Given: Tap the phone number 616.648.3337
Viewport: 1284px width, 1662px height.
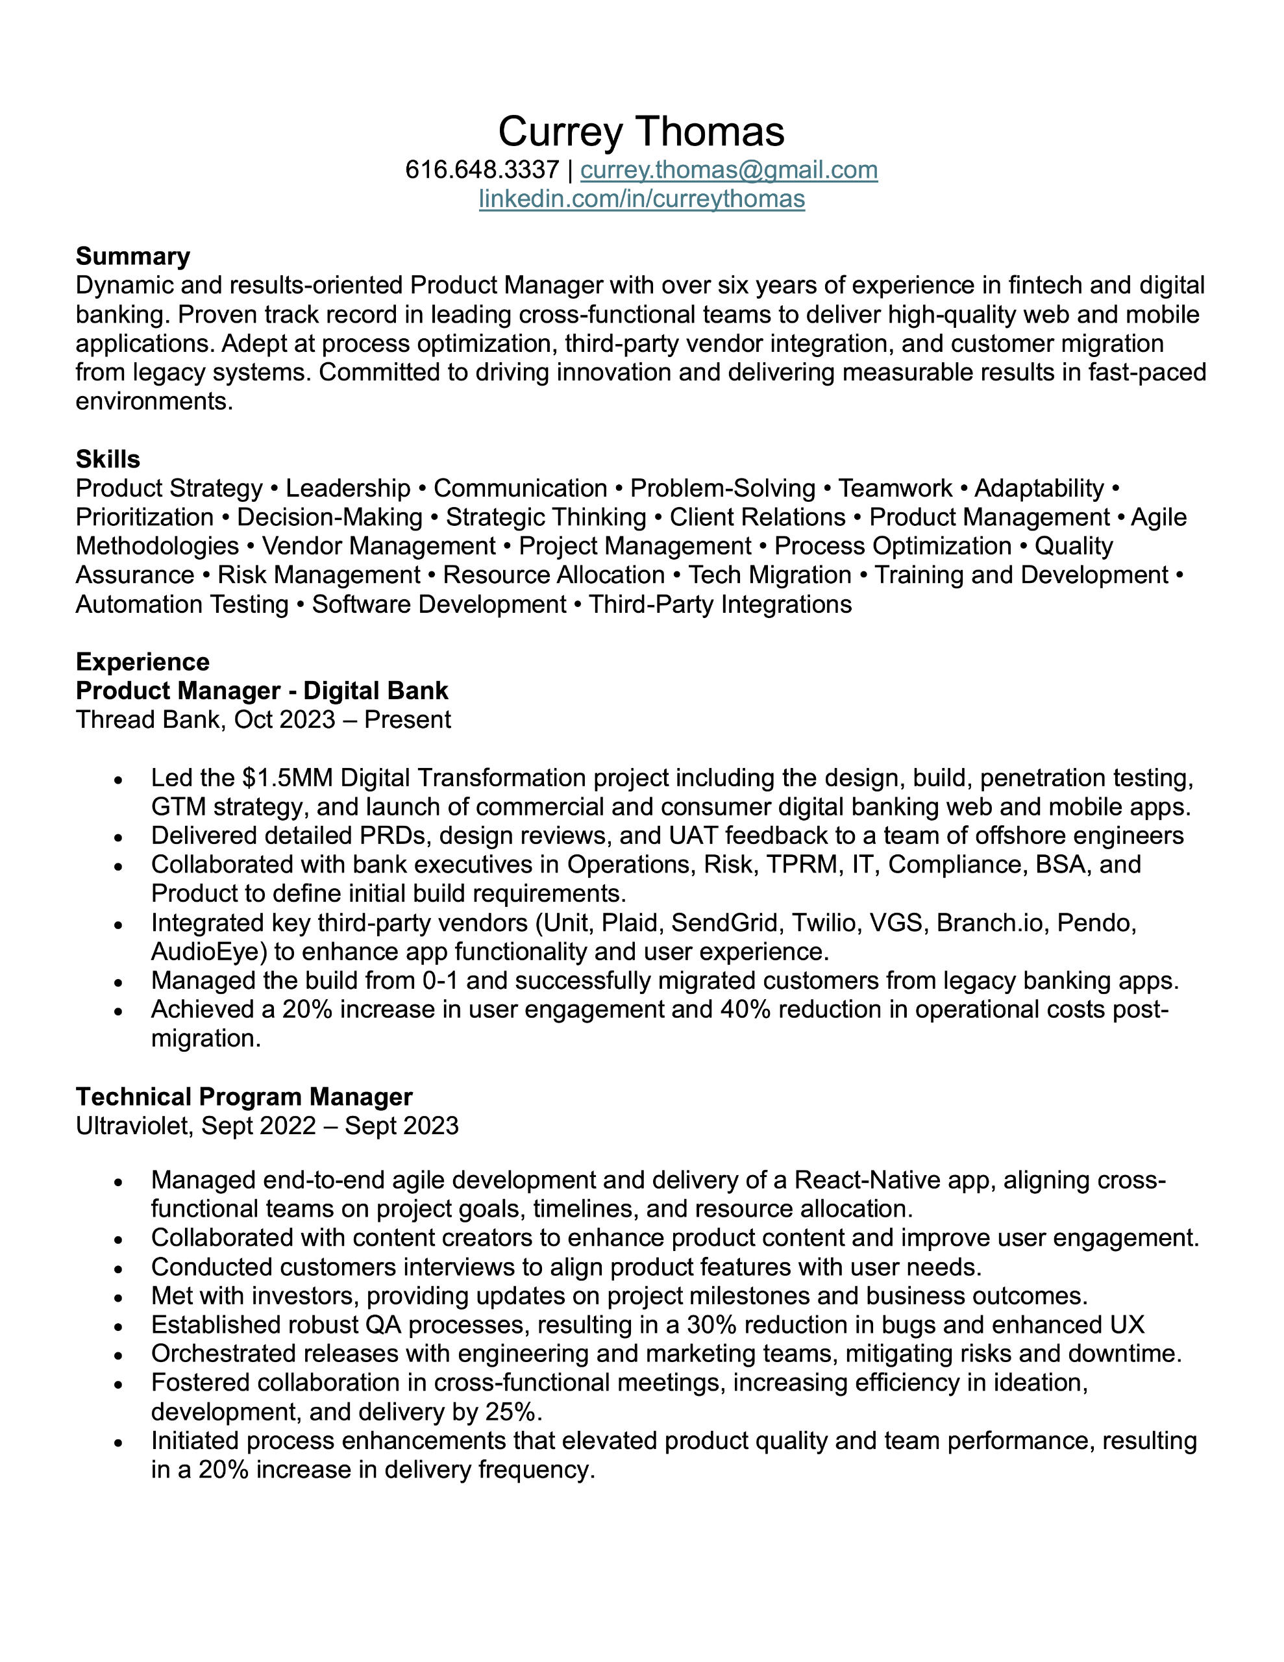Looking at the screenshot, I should coord(482,169).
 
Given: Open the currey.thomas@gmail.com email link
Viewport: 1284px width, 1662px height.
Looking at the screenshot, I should coord(728,169).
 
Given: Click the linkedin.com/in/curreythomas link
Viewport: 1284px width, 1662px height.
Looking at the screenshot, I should coord(641,199).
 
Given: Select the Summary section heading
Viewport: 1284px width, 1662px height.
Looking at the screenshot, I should coord(132,256).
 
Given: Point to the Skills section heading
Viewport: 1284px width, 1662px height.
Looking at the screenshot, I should coord(107,459).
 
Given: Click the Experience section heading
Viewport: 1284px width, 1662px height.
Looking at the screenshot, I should coord(142,662).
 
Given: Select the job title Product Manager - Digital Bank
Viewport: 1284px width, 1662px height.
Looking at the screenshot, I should coord(262,690).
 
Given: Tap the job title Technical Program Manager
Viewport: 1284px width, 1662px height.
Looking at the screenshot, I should coord(243,1097).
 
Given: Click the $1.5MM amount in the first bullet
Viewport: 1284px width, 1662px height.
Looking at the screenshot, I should coord(288,778).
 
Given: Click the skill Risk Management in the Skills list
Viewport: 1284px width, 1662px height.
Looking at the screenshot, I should coord(319,575).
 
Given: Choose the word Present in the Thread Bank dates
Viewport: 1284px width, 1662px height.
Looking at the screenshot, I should coord(407,719).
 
